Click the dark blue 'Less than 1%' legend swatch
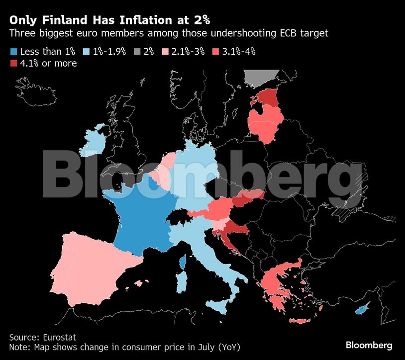(13, 51)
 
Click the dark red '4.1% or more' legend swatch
(13, 63)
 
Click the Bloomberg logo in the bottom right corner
(369, 345)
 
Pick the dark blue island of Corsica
(183, 262)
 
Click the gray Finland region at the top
(260, 78)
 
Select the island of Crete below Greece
(300, 321)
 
